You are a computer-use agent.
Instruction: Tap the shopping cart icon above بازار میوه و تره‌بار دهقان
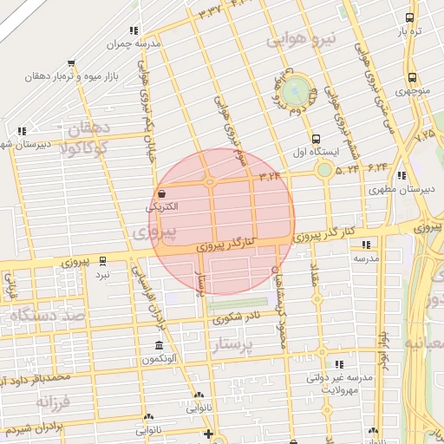pos(71,62)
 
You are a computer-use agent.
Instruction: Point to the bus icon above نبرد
pos(102,260)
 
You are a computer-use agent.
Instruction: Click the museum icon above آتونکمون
pos(159,345)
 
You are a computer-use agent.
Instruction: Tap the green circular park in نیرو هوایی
pos(297,89)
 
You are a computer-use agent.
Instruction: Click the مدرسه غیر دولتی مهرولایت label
pos(340,384)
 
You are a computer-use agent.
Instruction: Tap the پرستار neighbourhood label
pos(243,348)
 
